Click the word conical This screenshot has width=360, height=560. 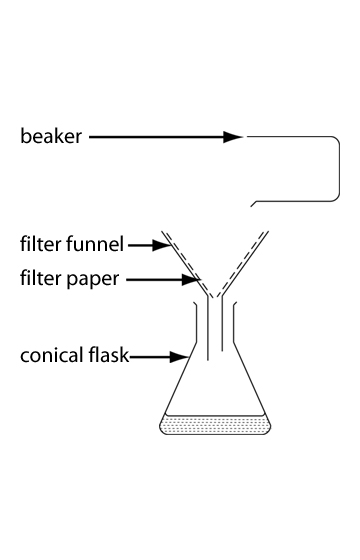[51, 355]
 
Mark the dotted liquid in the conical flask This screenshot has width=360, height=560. [215, 424]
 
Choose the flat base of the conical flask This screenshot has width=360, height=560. [215, 433]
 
